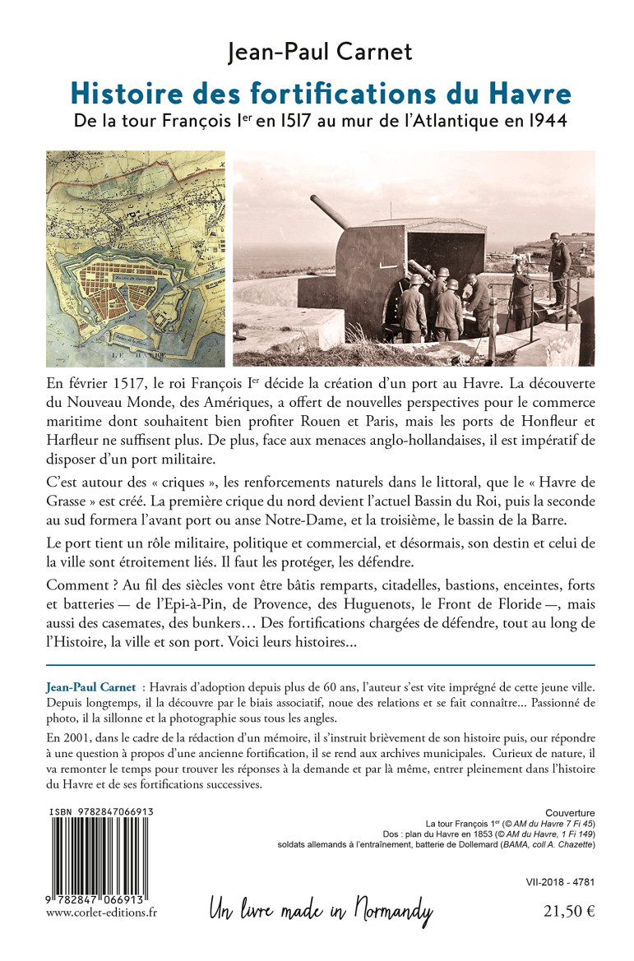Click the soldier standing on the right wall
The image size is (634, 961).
[558, 263]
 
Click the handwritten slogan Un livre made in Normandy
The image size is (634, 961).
[321, 910]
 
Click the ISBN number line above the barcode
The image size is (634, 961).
[101, 811]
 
